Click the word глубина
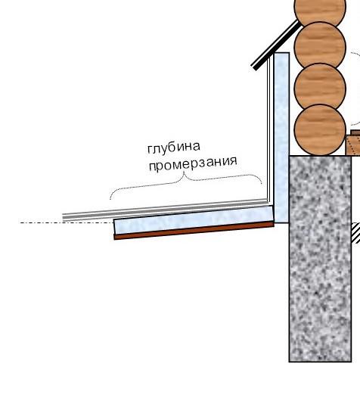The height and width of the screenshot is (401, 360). pos(174,148)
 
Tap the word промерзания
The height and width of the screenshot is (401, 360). pos(193,164)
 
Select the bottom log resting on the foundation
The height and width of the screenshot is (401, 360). pos(320,130)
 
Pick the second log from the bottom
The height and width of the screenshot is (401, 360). pos(320,89)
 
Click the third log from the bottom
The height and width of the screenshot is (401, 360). pos(320,47)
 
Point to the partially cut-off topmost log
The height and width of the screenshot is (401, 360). pos(320,11)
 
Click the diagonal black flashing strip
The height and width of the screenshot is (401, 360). pos(275,45)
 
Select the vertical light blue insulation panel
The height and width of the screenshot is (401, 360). pos(281,138)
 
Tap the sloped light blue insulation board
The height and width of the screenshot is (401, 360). pos(194,220)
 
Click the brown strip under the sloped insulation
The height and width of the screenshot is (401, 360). pos(194,231)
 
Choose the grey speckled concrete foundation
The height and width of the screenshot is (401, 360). pos(320,259)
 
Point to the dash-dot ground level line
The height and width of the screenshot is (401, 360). pos(67,223)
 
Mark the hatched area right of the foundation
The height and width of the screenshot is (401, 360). pos(356,233)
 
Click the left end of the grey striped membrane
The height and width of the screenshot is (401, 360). pos(63,217)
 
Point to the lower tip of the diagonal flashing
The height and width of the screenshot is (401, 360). pos(254,68)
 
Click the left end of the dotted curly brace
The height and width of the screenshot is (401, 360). pos(110,199)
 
